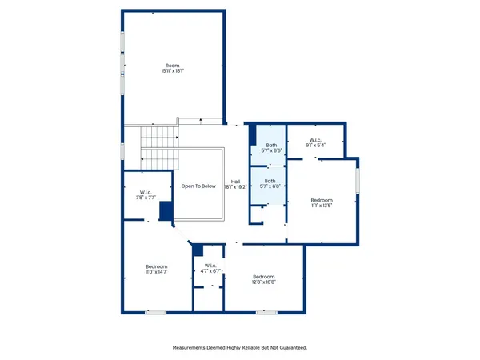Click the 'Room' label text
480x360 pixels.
pos(172,66)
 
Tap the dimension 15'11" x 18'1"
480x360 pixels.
pos(172,71)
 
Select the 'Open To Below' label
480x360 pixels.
pos(198,186)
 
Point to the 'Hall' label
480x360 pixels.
pos(235,181)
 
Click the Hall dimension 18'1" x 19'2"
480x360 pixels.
pos(235,186)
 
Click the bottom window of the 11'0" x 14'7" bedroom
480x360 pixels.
pos(154,310)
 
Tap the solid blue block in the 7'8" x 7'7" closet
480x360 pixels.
pos(166,211)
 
